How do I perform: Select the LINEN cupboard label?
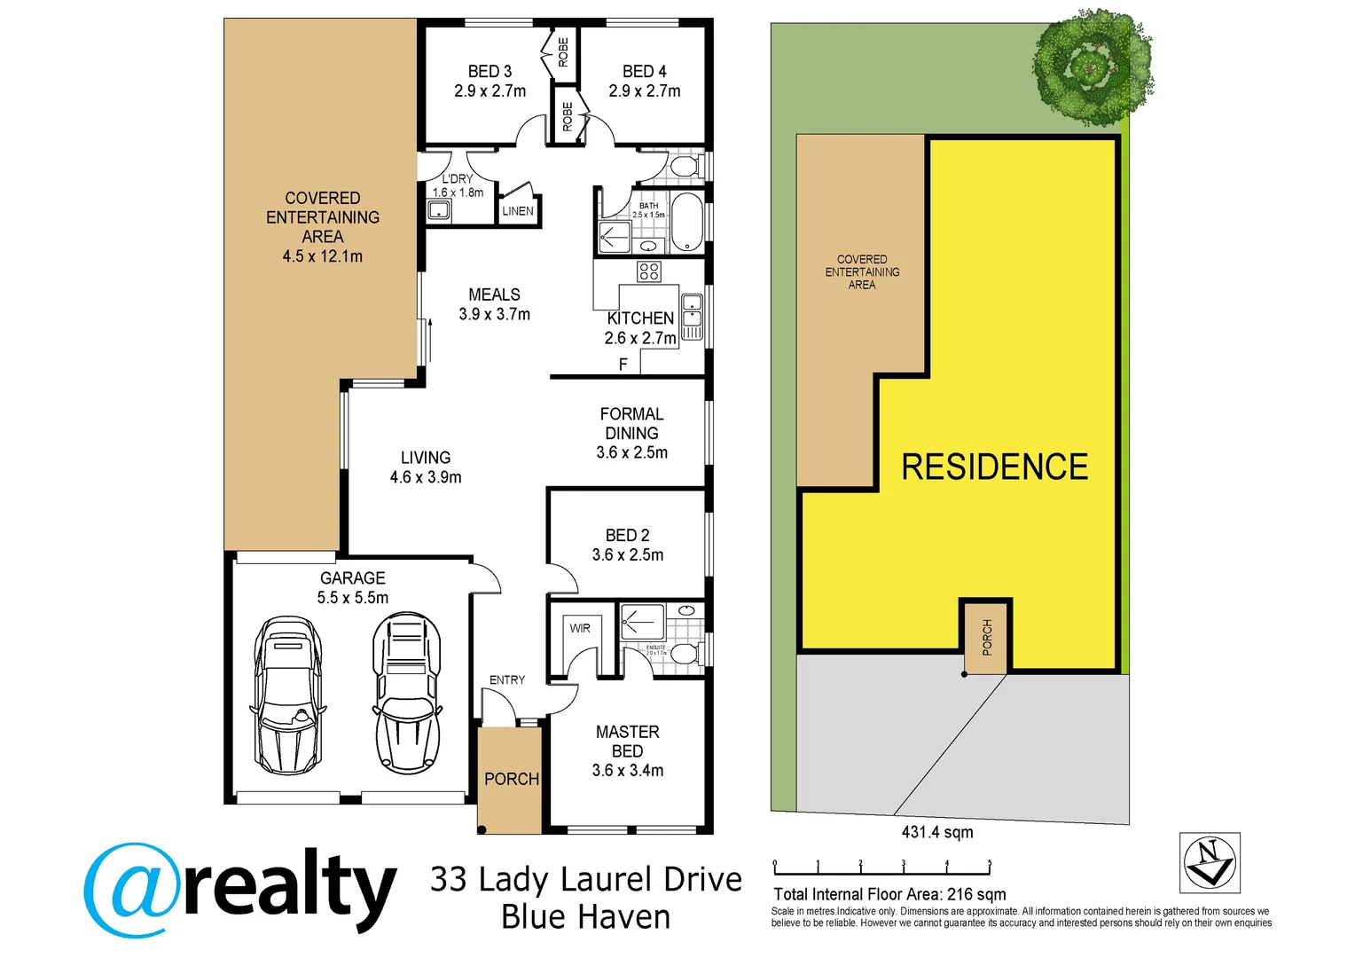click(518, 211)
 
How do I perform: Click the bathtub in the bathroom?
click(686, 223)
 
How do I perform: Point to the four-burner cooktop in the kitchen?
click(649, 271)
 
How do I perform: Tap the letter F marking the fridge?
click(623, 365)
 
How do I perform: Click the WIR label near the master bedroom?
click(580, 628)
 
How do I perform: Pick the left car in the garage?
click(286, 695)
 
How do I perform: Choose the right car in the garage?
click(406, 693)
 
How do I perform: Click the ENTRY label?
click(507, 679)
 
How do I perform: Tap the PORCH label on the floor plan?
click(511, 779)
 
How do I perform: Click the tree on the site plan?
click(1093, 67)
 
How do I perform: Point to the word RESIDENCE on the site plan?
click(995, 467)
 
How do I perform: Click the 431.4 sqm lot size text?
click(937, 832)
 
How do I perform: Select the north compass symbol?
click(1210, 862)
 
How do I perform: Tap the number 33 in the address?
click(449, 879)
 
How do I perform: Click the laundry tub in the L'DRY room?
click(439, 210)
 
